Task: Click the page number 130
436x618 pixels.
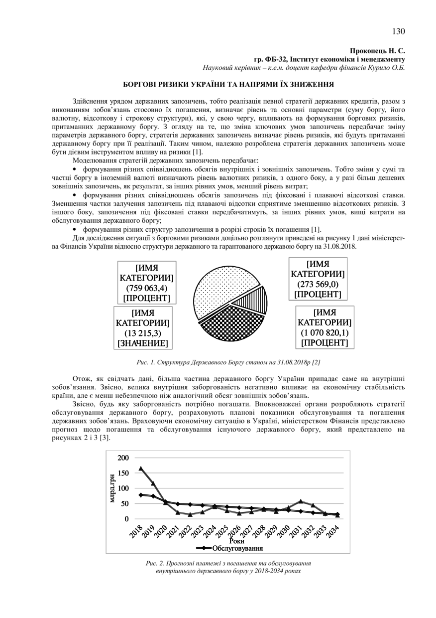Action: tap(398, 31)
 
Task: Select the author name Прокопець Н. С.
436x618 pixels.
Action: tap(378, 51)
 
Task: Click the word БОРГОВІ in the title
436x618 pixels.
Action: tap(144, 85)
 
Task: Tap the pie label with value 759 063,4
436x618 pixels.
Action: tap(147, 283)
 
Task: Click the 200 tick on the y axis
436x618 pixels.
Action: tap(123, 458)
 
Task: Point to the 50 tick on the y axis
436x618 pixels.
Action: tap(125, 504)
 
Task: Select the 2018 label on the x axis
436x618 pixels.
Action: tap(136, 530)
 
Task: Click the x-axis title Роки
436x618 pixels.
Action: tap(237, 540)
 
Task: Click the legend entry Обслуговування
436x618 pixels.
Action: tap(237, 548)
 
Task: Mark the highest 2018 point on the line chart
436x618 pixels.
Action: tap(141, 468)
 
